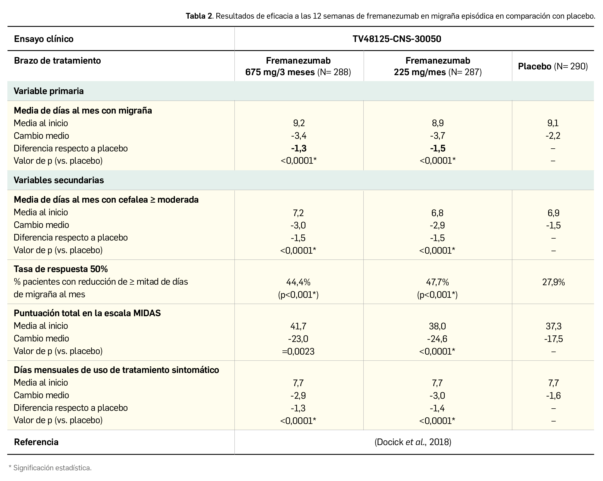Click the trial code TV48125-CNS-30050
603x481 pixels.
(397, 39)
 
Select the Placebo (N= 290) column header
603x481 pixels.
(553, 66)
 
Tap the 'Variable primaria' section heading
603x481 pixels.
(49, 91)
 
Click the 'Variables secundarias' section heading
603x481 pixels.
(59, 180)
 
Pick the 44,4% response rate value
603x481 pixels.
(298, 282)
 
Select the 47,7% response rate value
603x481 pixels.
(437, 282)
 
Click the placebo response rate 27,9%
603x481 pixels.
(553, 282)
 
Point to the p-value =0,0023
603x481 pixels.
(298, 351)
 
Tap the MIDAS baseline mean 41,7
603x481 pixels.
(298, 326)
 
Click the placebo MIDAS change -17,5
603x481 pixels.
(553, 339)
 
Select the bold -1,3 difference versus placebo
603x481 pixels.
(298, 148)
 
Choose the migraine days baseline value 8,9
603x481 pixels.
(437, 123)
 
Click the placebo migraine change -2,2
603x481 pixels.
(553, 136)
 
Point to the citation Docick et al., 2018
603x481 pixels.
(413, 442)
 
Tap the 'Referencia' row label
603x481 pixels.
(36, 442)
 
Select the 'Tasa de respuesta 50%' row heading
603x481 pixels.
(61, 269)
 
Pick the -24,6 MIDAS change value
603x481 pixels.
(437, 339)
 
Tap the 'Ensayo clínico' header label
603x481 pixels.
(44, 39)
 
